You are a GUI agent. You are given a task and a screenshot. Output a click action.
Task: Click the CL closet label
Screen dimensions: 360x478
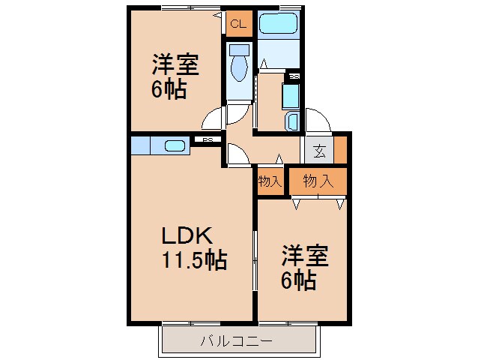point(238,25)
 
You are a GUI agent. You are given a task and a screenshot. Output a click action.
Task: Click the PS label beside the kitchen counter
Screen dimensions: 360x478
point(208,140)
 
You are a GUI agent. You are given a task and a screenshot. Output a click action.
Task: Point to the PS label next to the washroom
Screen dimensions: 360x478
point(294,76)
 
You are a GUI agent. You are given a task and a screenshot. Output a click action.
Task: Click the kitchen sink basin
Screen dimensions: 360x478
point(175,146)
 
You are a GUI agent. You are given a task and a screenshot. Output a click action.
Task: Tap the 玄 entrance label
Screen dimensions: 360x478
point(318,151)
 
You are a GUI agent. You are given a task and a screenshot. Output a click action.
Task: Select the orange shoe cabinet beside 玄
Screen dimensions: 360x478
point(340,149)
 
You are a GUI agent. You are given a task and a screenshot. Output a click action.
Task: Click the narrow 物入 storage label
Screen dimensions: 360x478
point(269,181)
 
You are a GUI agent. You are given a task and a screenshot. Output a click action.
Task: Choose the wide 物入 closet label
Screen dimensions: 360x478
point(318,180)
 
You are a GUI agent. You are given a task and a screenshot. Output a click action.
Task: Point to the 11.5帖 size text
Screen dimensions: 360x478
point(193,260)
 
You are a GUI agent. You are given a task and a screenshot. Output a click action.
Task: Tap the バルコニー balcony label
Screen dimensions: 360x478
point(236,342)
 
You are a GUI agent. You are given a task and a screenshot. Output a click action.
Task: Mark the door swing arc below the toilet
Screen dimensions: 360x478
point(214,118)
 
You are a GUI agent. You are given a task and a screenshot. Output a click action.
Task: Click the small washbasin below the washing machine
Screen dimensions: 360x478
point(292,121)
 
